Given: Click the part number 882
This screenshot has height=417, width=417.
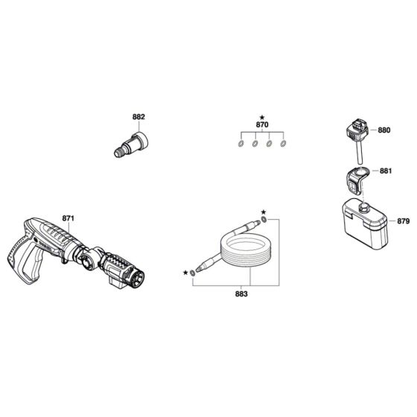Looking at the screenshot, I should pyautogui.click(x=139, y=117).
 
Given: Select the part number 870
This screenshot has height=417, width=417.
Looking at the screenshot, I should pyautogui.click(x=262, y=127).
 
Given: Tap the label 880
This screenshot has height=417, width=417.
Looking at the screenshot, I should pyautogui.click(x=384, y=130).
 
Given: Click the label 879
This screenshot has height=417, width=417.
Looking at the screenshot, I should pyautogui.click(x=403, y=221).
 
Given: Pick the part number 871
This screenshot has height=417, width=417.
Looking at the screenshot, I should pyautogui.click(x=69, y=217).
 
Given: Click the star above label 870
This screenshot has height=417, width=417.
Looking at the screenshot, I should pyautogui.click(x=262, y=118).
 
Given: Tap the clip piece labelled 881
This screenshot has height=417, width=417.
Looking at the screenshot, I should pyautogui.click(x=356, y=179).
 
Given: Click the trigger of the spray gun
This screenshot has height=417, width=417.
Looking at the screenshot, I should pyautogui.click(x=43, y=252).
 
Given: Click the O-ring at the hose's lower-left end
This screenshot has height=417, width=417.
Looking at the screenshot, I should pyautogui.click(x=194, y=273).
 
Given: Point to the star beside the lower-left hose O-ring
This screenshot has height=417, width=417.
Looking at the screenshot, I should pyautogui.click(x=185, y=273).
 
